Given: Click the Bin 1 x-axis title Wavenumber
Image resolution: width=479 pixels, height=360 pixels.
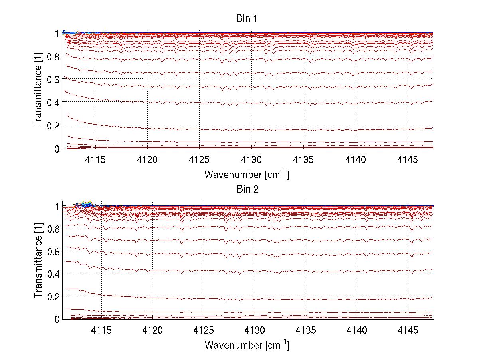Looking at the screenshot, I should [246, 175].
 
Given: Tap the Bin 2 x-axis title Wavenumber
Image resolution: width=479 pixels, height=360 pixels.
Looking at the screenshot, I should [246, 345].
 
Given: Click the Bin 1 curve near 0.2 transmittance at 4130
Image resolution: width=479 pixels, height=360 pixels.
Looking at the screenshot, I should [252, 130].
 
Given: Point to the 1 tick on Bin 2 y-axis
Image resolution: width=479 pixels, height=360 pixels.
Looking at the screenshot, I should [57, 206].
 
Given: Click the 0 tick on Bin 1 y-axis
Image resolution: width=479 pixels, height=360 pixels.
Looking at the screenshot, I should [57, 149].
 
